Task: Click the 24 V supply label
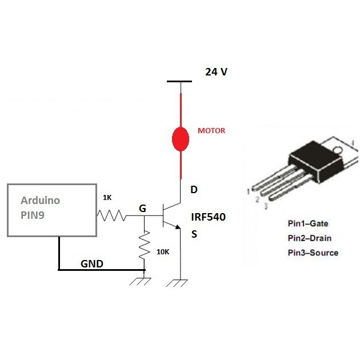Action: [217, 73]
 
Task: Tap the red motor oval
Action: [181, 138]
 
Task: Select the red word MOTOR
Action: [211, 131]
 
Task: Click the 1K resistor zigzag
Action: [110, 215]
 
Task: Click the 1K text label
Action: [107, 198]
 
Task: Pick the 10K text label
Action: [162, 252]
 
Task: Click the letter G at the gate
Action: [143, 209]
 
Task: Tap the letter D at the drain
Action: [194, 190]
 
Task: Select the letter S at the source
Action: [194, 234]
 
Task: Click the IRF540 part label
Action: [209, 217]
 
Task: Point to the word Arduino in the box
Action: [40, 201]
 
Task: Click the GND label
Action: [92, 265]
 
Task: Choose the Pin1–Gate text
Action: [308, 223]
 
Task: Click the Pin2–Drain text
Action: [310, 238]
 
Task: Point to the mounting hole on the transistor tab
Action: [337, 150]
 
